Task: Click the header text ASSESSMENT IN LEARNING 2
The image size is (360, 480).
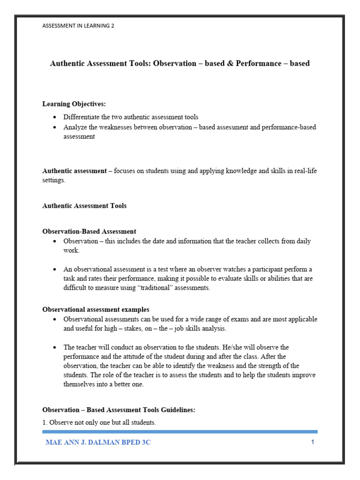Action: pos(78,26)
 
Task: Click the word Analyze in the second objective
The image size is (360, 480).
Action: pos(75,127)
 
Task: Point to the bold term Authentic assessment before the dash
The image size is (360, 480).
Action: pos(75,171)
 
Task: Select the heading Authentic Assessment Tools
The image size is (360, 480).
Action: pos(84,206)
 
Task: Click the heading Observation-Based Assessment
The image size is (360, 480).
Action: pos(89,231)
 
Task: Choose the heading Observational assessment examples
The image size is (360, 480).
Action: pos(96,309)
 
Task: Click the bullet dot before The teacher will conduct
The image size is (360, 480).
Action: pos(55,347)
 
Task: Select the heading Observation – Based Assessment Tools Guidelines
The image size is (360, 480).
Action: pos(119,410)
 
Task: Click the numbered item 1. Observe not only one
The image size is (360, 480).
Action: pos(99,422)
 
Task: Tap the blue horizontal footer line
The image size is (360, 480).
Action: pos(180,431)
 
